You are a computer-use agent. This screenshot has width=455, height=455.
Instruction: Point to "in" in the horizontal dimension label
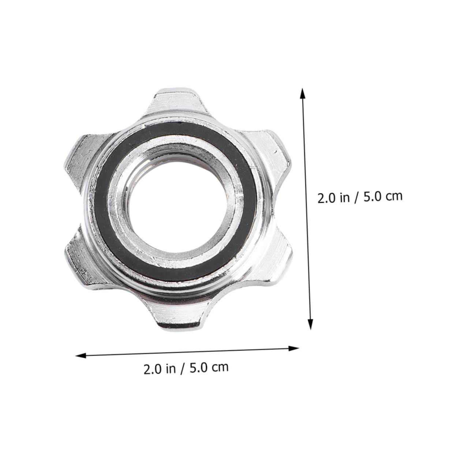171,368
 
